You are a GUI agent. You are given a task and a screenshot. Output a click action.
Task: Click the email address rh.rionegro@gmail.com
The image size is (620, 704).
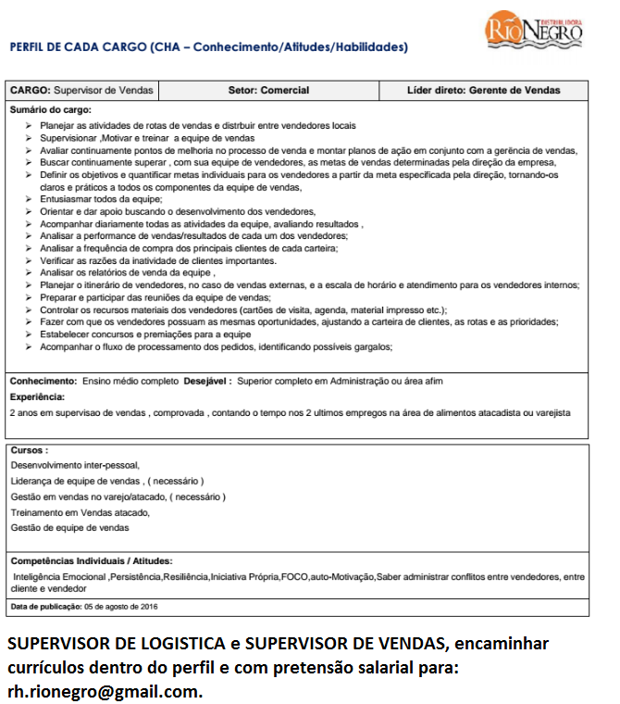(104, 691)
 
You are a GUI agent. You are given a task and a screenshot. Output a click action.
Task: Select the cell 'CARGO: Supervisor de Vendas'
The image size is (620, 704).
(81, 91)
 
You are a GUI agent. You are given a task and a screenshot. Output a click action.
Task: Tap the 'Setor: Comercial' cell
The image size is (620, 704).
(268, 91)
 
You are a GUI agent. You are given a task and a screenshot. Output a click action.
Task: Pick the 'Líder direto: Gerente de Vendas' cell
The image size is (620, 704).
(483, 91)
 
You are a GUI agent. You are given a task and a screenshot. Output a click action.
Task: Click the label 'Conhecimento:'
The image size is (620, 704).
(43, 381)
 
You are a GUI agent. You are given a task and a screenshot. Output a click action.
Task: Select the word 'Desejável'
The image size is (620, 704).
(207, 381)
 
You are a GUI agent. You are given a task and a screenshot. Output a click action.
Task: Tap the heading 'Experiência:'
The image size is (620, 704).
(37, 396)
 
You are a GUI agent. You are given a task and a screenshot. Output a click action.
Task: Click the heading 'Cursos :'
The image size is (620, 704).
(30, 449)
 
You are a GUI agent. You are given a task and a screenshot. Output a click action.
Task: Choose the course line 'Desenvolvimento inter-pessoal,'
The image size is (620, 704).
(74, 465)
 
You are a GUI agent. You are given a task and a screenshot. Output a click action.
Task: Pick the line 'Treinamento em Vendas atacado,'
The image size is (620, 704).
(80, 512)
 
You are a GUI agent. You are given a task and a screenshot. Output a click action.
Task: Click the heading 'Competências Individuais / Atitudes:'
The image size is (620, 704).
(91, 560)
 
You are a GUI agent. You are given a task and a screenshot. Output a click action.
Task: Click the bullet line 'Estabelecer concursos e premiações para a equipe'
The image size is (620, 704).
(145, 334)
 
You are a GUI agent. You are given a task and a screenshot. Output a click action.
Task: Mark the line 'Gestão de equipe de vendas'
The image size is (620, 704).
(69, 528)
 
